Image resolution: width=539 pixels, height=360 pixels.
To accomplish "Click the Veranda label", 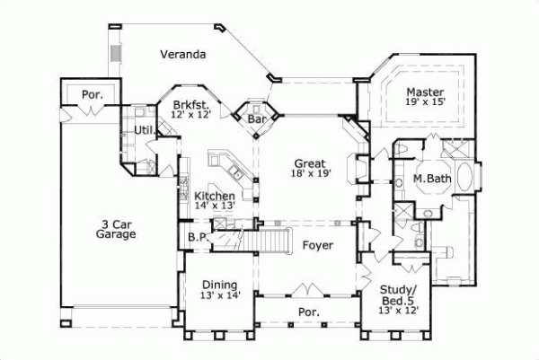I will [x=183, y=55].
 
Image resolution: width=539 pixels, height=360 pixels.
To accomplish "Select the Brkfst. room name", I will [x=191, y=105].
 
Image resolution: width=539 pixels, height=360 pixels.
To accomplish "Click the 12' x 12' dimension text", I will [x=191, y=116].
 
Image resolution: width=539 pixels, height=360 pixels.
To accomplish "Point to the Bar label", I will [x=258, y=119].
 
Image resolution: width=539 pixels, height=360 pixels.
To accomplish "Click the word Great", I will [x=306, y=163].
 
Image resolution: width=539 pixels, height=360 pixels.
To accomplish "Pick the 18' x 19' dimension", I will [x=306, y=174].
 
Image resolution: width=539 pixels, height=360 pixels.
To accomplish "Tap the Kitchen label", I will [x=215, y=196].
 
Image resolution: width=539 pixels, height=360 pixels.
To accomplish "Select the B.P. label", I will [x=198, y=237].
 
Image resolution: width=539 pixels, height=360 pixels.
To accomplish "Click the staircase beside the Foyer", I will [x=270, y=240].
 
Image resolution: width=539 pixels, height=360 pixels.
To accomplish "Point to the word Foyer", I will [x=318, y=244].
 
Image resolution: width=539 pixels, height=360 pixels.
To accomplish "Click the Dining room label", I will [x=219, y=283].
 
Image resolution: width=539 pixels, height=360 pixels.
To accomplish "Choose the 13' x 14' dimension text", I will [x=219, y=294].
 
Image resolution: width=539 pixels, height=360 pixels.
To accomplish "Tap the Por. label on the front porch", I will [x=309, y=311].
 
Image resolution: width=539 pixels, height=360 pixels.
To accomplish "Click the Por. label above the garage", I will [x=91, y=92].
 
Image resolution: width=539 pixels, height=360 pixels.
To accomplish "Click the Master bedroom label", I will [x=423, y=92].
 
